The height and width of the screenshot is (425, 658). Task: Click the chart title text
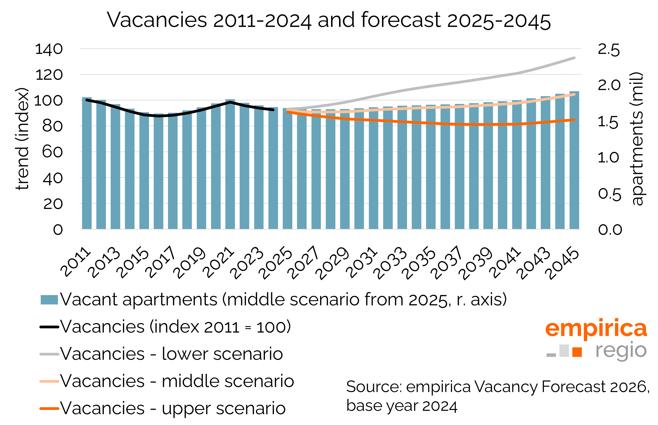click(x=329, y=20)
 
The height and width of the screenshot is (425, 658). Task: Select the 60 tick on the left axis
click(x=52, y=152)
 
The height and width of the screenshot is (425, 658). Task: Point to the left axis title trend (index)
click(x=22, y=139)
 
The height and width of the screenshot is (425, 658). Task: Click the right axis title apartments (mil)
click(x=637, y=139)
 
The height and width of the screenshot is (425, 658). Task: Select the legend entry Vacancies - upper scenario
click(x=173, y=408)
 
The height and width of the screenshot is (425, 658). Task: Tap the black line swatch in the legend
click(x=49, y=327)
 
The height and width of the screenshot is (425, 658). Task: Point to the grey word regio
click(x=621, y=351)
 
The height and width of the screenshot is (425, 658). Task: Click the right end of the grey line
click(x=574, y=58)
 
